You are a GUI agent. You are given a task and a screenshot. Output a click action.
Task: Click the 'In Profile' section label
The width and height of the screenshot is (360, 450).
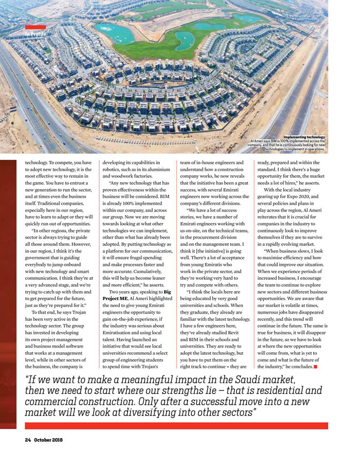tap(35, 34)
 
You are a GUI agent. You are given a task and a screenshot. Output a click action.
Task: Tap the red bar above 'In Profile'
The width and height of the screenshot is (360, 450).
tap(35, 27)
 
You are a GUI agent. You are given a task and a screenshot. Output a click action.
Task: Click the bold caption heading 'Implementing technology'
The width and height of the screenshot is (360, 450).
tap(304, 137)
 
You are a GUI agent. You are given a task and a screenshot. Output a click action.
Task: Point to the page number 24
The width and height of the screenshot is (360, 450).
tap(29, 440)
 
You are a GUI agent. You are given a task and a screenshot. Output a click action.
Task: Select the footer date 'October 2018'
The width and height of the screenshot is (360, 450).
tap(48, 440)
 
